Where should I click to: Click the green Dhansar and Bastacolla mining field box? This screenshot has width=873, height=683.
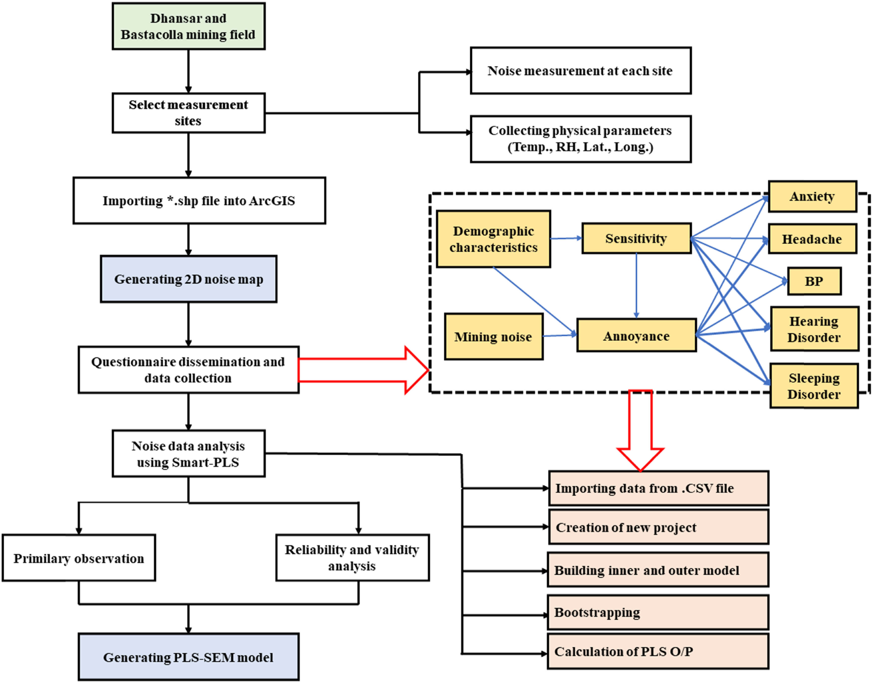(x=188, y=26)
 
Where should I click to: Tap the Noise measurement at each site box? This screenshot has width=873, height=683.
(x=580, y=71)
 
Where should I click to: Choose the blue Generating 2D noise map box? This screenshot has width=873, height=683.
(x=188, y=279)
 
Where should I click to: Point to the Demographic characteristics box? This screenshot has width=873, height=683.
(x=493, y=239)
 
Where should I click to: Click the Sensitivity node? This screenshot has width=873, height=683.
(x=636, y=238)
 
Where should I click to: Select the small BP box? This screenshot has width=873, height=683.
(x=814, y=281)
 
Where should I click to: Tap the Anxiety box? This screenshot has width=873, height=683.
(x=812, y=196)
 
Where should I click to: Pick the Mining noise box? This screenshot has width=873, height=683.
(x=493, y=337)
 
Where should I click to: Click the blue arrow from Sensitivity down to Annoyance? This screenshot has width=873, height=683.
(x=636, y=286)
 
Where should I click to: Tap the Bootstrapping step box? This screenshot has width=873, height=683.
(x=658, y=612)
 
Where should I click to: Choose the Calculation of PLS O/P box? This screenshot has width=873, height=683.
(x=658, y=651)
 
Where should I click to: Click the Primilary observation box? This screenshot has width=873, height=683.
(x=79, y=558)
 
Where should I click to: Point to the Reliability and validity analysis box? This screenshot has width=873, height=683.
(x=352, y=558)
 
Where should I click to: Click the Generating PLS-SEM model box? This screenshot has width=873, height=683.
(x=188, y=657)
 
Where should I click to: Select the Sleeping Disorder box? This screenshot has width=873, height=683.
(x=814, y=386)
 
